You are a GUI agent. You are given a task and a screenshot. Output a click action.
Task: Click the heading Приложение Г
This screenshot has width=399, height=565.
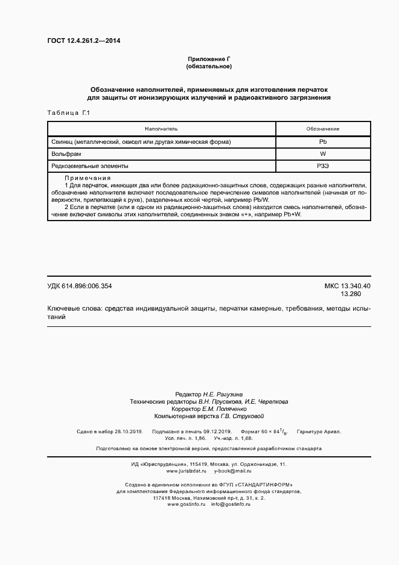(209, 59)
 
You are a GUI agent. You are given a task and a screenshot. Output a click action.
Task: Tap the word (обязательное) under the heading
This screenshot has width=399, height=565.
(209, 66)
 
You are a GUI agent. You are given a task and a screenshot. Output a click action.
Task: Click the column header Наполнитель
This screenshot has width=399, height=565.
(161, 129)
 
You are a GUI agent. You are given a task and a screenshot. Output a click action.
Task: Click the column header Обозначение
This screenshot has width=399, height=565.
(322, 129)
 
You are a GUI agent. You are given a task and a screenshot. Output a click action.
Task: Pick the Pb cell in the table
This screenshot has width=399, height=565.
(322, 141)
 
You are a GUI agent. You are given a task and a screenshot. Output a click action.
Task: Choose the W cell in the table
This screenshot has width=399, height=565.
(322, 153)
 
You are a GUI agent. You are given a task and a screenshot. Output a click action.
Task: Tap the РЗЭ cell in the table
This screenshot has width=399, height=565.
(322, 166)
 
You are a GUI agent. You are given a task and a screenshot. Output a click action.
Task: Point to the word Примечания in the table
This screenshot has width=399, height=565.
(87, 178)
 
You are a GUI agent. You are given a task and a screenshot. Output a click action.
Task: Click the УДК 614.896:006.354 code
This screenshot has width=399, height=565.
(80, 286)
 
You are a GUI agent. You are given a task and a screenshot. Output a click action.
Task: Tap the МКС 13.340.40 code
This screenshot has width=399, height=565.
(347, 286)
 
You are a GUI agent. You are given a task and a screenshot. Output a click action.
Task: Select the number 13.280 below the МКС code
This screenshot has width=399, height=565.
(351, 294)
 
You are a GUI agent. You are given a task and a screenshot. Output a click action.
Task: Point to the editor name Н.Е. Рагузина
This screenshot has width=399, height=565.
(223, 393)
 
